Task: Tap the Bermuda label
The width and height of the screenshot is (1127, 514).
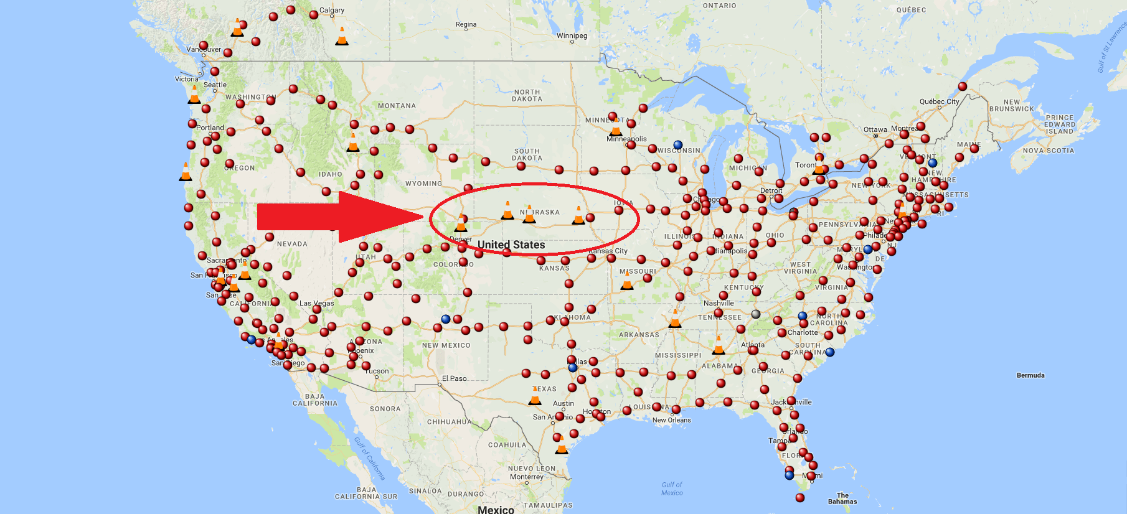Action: click(1030, 375)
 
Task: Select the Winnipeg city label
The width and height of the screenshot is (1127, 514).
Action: click(572, 35)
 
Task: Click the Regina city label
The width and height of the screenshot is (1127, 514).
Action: click(466, 25)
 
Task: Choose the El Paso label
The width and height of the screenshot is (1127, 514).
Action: click(454, 378)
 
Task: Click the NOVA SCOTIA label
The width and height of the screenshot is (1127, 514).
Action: click(1048, 151)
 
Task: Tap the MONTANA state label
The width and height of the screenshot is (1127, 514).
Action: click(397, 106)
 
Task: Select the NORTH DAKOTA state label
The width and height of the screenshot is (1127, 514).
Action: click(527, 95)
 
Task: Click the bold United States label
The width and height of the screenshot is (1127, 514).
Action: click(511, 245)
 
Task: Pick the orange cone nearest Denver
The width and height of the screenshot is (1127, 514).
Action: click(461, 223)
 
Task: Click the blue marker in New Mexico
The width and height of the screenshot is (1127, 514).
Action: click(445, 319)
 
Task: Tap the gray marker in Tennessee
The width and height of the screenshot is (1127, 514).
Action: click(756, 314)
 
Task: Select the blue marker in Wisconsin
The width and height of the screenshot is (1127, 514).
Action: click(678, 145)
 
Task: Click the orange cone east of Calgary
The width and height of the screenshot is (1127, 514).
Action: click(342, 37)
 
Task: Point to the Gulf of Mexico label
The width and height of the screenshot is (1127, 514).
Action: click(672, 488)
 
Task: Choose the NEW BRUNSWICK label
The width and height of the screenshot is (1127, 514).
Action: click(1011, 105)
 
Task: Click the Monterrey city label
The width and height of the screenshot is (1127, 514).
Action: click(526, 477)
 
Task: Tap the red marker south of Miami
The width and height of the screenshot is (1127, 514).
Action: click(800, 497)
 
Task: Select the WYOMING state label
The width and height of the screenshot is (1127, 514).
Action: click(423, 184)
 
